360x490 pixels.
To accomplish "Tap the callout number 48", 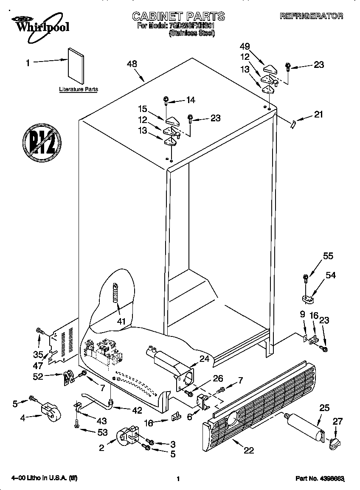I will pos(132,64).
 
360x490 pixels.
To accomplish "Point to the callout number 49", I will pos(245,46).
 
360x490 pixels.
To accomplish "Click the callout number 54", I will pos(330,275).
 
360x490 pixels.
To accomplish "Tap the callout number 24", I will pos(204,358).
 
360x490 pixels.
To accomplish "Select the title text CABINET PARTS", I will pos(178,17).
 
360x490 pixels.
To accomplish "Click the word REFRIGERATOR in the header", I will pos(311,16).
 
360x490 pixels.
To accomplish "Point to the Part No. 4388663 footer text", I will pos(319,479).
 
